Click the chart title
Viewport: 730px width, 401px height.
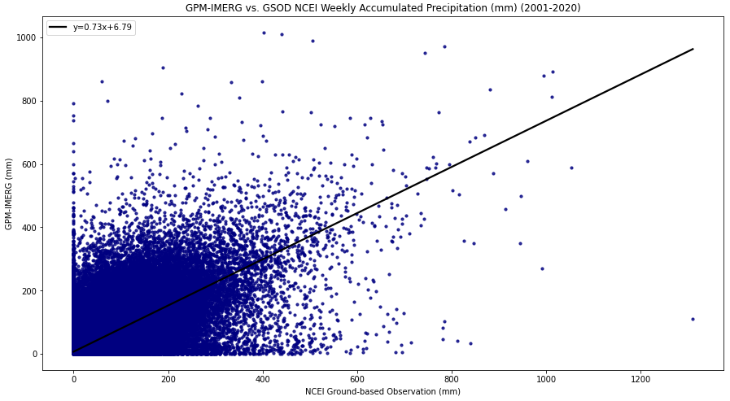coord(382,8)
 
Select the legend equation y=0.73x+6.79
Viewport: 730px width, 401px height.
coord(103,27)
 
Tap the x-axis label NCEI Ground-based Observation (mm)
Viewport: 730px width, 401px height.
coord(382,391)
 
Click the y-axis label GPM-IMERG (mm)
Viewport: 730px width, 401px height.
coord(8,194)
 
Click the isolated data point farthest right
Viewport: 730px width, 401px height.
coord(693,319)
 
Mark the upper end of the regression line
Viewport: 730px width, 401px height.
coord(693,49)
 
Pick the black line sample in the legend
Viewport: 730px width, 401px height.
coord(59,28)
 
